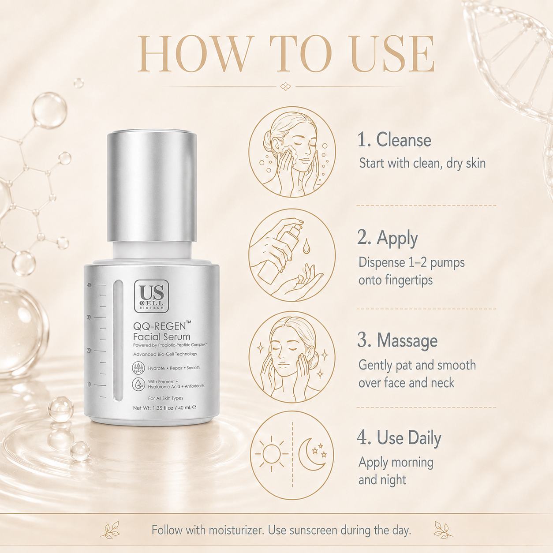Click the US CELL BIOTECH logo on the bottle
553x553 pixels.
click(x=151, y=296)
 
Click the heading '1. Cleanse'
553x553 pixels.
click(x=394, y=140)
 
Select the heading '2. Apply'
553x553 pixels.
click(x=388, y=239)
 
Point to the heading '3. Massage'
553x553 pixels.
click(x=397, y=340)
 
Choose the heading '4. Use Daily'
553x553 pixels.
click(x=399, y=438)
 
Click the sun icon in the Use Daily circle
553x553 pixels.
click(x=271, y=454)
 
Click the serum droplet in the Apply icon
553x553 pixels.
click(x=306, y=246)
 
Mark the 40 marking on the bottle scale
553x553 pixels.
click(x=89, y=285)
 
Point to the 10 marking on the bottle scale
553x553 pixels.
click(x=89, y=384)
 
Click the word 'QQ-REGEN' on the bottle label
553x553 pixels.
click(x=160, y=326)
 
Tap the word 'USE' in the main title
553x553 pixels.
click(x=393, y=54)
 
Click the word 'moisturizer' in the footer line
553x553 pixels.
click(x=236, y=530)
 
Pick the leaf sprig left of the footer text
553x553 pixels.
click(x=110, y=530)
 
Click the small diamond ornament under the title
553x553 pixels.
click(x=285, y=86)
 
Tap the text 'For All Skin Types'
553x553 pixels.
click(x=165, y=398)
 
